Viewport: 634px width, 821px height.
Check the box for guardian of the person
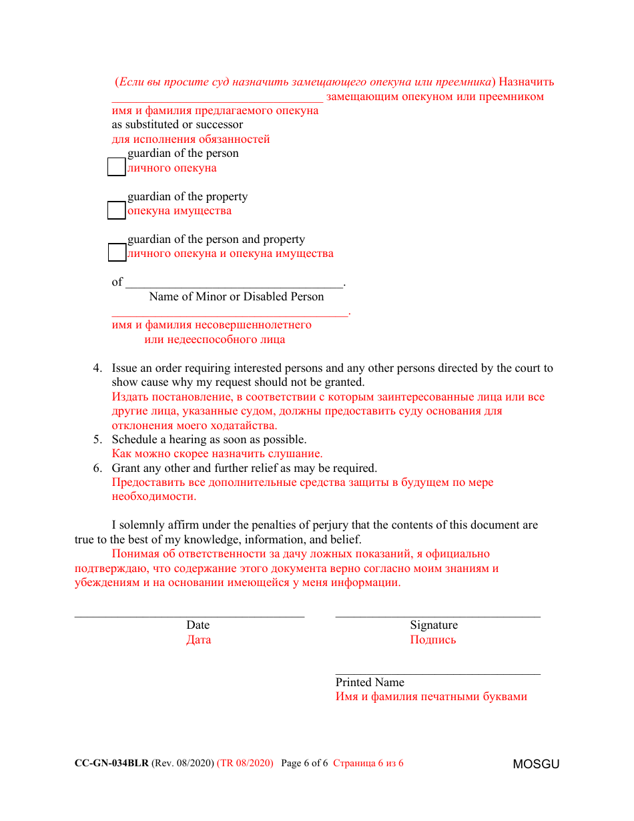pyautogui.click(x=117, y=167)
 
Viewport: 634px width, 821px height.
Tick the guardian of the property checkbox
pyautogui.click(x=117, y=210)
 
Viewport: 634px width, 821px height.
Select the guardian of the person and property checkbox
pyautogui.click(x=117, y=253)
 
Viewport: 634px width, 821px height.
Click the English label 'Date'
pyautogui.click(x=198, y=625)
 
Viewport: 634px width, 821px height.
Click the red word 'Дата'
pyautogui.click(x=198, y=639)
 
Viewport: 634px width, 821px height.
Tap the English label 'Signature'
pyautogui.click(x=434, y=625)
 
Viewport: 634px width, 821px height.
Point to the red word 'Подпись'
pyautogui.click(x=433, y=639)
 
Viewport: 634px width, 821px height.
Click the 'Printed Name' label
pyautogui.click(x=370, y=682)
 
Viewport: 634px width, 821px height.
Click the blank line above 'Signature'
pyautogui.click(x=437, y=615)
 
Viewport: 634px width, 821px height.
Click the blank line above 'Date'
pyautogui.click(x=189, y=615)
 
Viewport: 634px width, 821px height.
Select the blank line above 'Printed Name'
pyautogui.click(x=437, y=673)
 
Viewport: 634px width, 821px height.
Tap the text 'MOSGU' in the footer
pyautogui.click(x=536, y=764)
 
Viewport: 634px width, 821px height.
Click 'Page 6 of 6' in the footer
pyautogui.click(x=304, y=763)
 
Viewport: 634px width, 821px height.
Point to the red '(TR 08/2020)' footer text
pyautogui.click(x=245, y=763)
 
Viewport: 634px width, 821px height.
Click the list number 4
pyautogui.click(x=97, y=368)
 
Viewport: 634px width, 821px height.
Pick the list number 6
pyautogui.click(x=97, y=469)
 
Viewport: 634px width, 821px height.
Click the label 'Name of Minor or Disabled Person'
pyautogui.click(x=236, y=296)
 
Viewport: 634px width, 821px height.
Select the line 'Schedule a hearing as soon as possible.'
pyautogui.click(x=209, y=440)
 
